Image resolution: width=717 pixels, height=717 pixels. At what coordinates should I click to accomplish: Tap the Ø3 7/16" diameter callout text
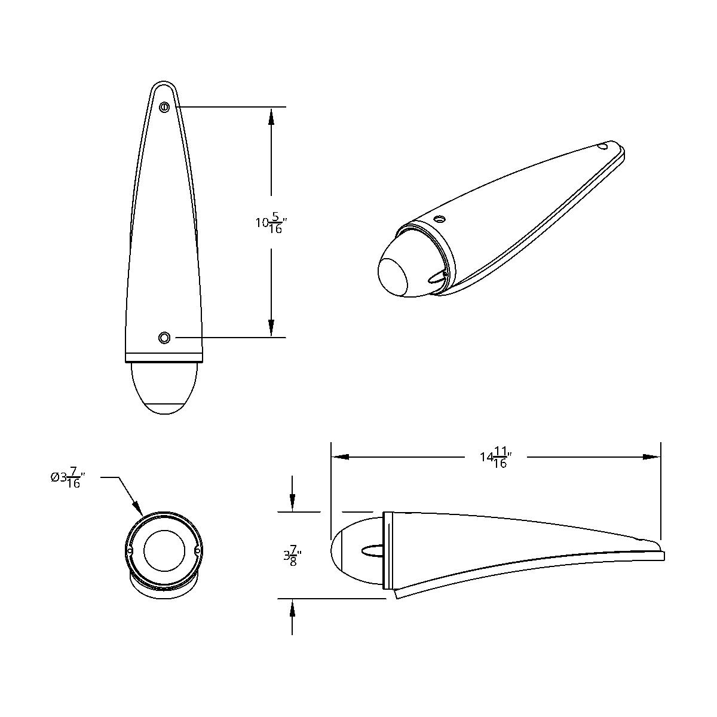tap(66, 477)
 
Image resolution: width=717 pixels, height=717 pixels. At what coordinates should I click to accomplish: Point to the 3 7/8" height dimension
tap(292, 556)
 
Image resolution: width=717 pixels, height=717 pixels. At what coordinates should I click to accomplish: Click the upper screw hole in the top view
tap(164, 107)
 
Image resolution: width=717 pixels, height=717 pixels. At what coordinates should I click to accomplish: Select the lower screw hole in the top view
tap(164, 338)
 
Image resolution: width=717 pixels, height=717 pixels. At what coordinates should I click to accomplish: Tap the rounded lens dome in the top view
tap(164, 388)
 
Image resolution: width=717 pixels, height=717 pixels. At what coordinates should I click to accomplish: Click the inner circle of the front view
tap(164, 550)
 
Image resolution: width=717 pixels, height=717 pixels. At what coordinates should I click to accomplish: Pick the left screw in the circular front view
tap(130, 550)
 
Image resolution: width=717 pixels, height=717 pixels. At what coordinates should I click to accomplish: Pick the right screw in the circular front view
tap(198, 550)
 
